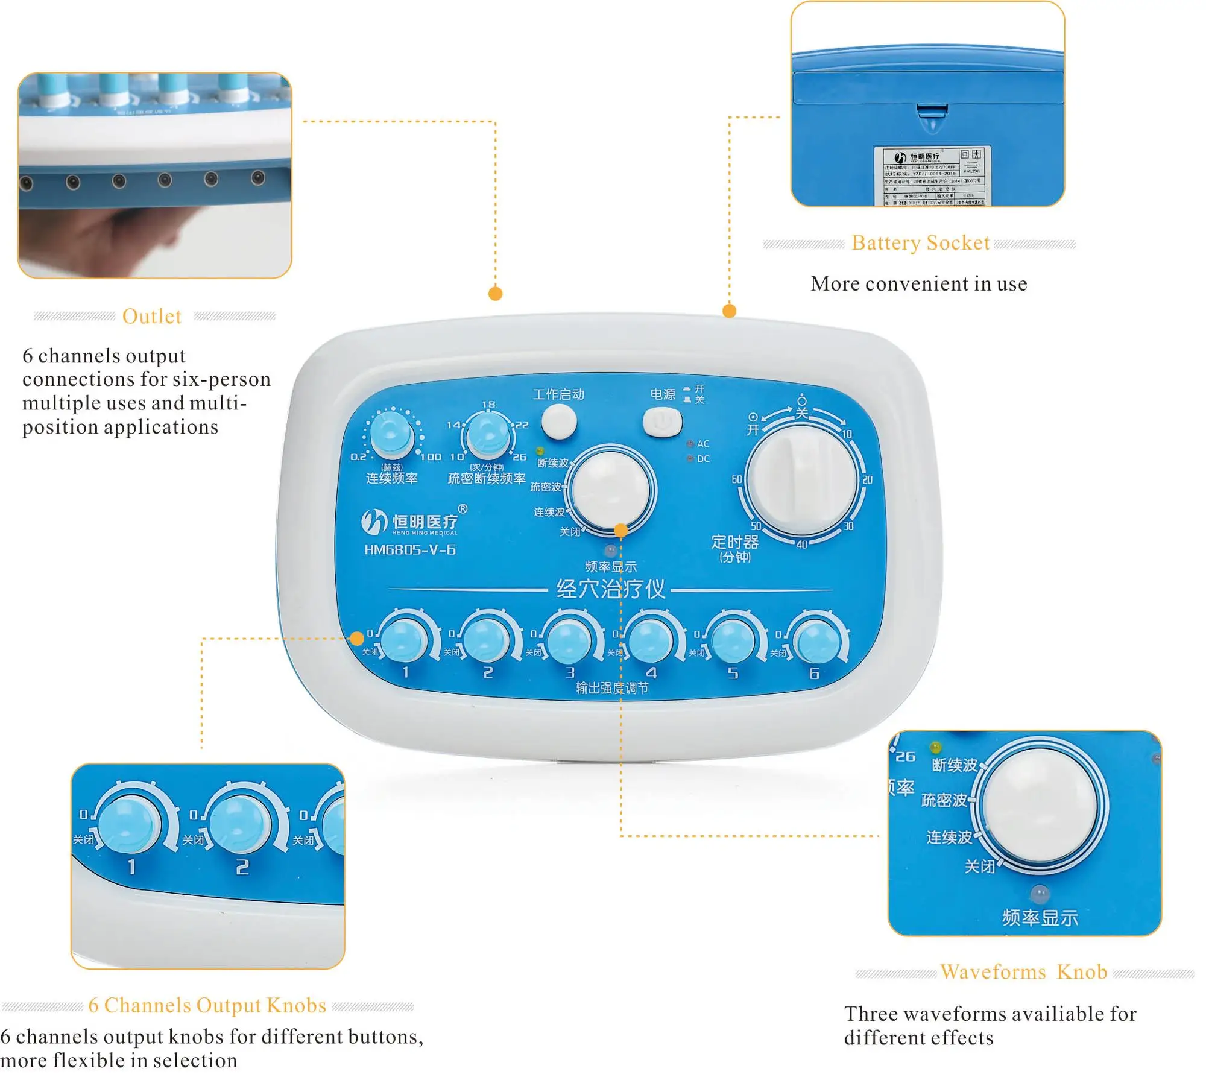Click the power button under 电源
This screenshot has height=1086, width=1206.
[x=662, y=421]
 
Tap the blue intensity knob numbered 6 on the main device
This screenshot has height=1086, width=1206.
[x=816, y=642]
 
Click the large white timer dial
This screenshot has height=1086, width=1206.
[x=801, y=480]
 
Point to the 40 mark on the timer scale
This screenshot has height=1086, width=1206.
[x=801, y=545]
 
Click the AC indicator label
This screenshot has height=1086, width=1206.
[x=702, y=444]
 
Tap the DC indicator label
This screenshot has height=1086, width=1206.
[x=702, y=459]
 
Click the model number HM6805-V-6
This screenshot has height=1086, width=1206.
[x=410, y=550]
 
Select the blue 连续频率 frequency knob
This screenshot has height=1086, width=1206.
[x=391, y=432]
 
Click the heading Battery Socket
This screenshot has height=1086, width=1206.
[x=920, y=243]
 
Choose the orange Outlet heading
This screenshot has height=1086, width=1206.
[x=151, y=317]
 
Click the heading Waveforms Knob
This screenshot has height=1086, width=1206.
[x=1023, y=972]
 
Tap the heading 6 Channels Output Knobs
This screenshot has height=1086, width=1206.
[x=207, y=1005]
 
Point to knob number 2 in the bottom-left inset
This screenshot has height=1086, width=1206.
[x=241, y=824]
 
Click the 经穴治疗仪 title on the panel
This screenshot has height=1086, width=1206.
[x=610, y=589]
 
